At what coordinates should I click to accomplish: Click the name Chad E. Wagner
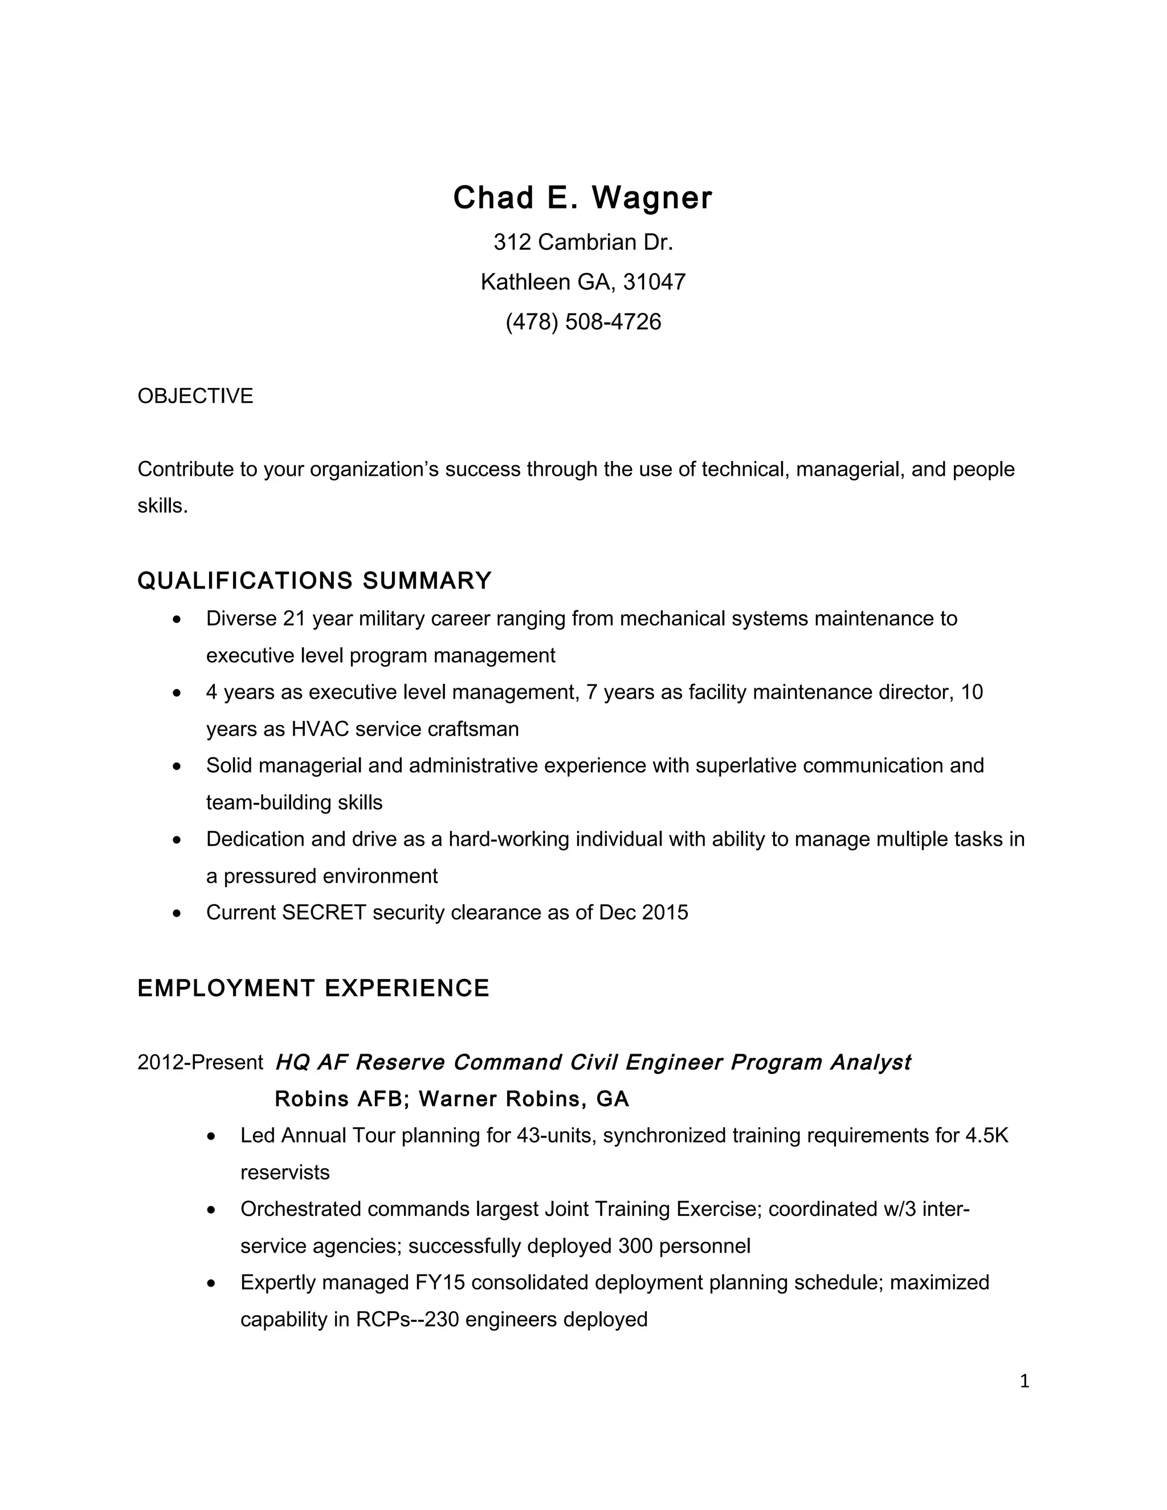[x=582, y=198]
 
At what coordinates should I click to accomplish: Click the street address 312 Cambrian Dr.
[x=583, y=243]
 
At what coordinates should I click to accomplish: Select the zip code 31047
[x=654, y=282]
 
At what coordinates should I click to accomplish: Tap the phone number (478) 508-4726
[x=583, y=322]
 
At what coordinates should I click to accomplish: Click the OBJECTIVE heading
[x=195, y=396]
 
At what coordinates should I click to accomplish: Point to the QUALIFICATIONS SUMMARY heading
[x=315, y=581]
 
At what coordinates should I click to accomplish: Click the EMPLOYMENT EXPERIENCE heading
[x=313, y=989]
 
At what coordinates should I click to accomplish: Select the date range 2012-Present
[x=200, y=1063]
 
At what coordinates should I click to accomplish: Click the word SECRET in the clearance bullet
[x=324, y=913]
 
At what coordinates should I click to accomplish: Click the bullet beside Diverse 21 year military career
[x=178, y=619]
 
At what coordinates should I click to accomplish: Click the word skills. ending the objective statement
[x=162, y=506]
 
